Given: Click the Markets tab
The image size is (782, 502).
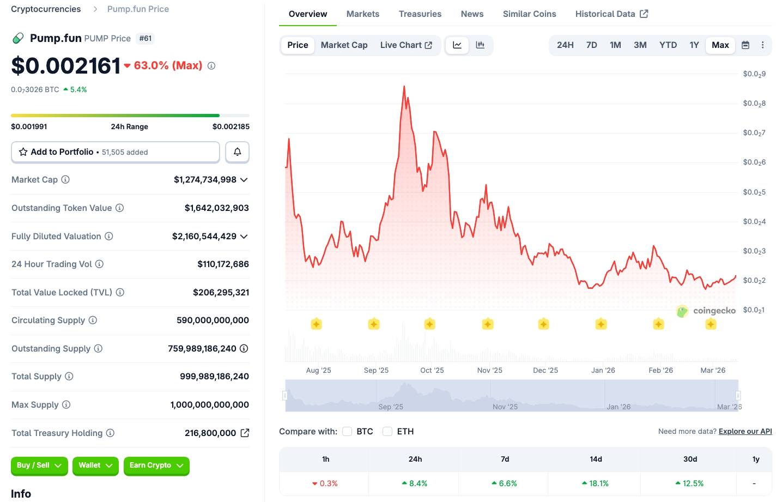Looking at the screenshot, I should click(362, 14).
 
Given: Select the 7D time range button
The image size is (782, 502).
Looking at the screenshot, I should click(591, 45).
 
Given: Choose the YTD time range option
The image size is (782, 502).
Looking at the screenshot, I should click(668, 45).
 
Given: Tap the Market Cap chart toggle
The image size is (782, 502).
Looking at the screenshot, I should click(344, 45).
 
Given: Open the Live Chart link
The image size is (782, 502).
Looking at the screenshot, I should click(406, 45).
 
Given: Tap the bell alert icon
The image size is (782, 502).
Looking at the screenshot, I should click(237, 152).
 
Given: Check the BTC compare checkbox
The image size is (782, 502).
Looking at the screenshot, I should click(347, 432).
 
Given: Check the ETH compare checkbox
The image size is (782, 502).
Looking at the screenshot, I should click(387, 432).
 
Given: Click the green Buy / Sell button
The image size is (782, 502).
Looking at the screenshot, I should click(39, 465).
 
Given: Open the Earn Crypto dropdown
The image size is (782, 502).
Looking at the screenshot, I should click(156, 465).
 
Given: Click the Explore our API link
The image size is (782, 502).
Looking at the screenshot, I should click(745, 431).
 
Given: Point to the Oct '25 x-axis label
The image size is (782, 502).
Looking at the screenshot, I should click(432, 370).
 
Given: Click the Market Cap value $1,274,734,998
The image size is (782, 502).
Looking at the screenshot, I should click(205, 180).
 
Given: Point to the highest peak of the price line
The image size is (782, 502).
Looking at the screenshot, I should click(404, 86).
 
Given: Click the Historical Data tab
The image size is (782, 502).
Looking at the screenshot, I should click(611, 14).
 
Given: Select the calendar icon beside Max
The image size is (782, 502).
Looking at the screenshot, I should click(745, 45).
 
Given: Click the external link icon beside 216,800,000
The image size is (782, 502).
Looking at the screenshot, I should click(245, 433).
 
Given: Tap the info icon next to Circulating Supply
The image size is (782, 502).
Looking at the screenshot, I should click(93, 320).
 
